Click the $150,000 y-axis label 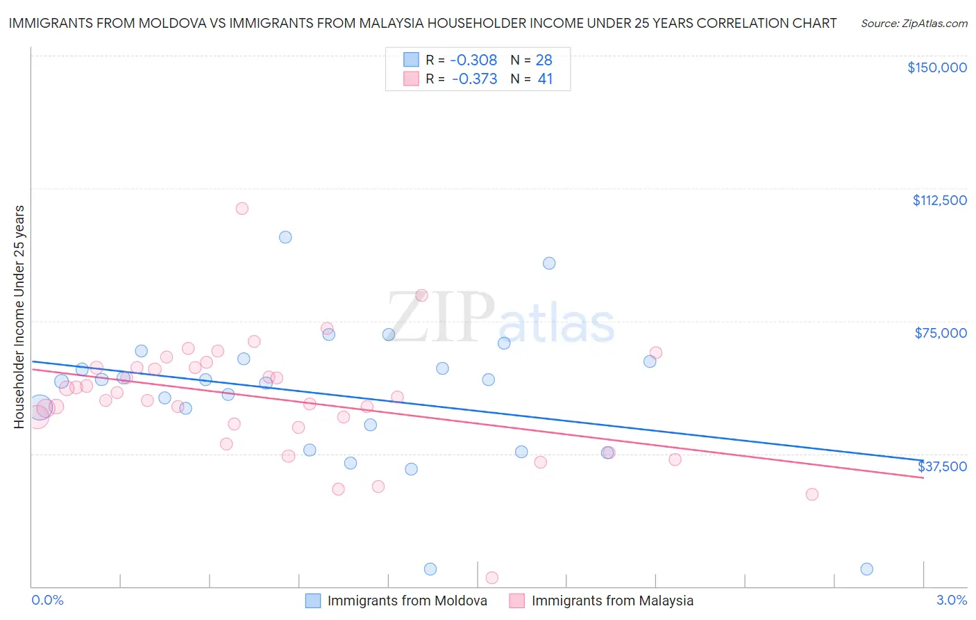click(936, 67)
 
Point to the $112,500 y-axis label click(939, 200)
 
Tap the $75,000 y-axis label click(941, 333)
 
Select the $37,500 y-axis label click(942, 466)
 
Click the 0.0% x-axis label click(47, 600)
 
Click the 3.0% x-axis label click(951, 600)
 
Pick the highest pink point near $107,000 click(242, 209)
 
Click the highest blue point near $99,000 click(285, 237)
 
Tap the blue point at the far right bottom click(866, 569)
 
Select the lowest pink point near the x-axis click(491, 578)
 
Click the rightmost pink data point click(811, 494)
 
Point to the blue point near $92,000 click(549, 263)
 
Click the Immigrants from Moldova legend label click(407, 601)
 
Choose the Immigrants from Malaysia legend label click(612, 601)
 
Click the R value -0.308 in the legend click(473, 60)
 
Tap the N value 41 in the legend click(545, 79)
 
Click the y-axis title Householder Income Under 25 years click(19, 316)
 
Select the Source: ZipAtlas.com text click(914, 24)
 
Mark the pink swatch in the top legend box click(411, 79)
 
